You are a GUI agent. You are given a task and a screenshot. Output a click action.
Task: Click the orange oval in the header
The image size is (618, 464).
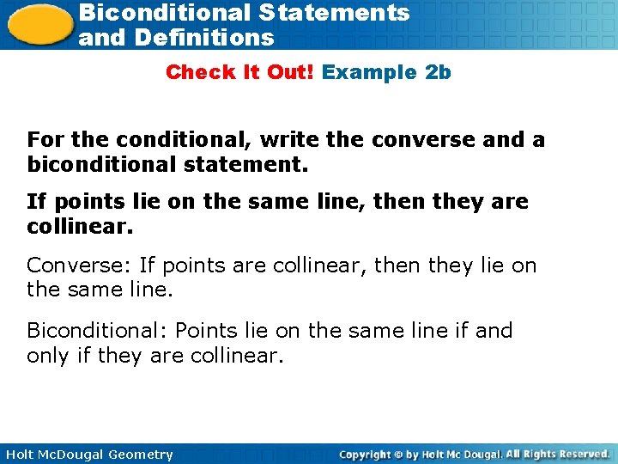pos(39,23)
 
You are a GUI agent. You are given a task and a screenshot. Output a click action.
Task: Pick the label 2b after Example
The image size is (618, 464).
pos(438,72)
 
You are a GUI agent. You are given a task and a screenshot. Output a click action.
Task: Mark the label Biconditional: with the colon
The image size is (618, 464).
pos(91,330)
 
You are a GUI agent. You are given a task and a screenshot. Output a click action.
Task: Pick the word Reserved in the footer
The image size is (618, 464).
pos(581,454)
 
